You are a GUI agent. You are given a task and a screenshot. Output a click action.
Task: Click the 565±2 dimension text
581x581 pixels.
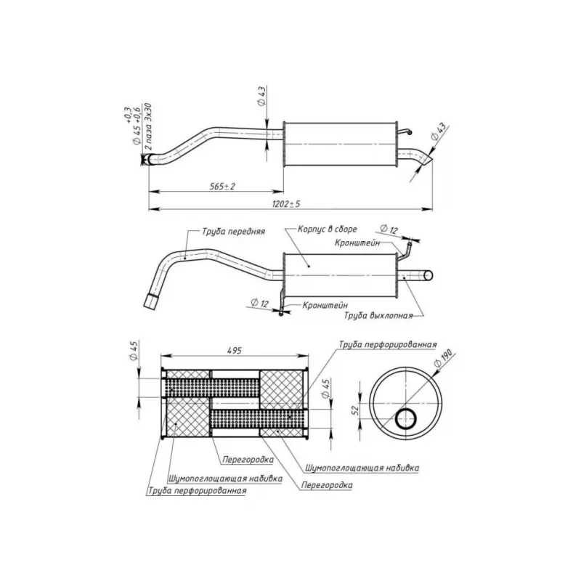point(222,186)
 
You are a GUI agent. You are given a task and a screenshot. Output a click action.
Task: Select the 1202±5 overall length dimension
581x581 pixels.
point(286,204)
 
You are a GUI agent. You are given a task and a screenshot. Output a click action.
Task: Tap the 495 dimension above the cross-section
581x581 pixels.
point(234,350)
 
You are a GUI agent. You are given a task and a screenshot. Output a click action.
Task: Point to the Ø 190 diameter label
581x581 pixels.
point(443,359)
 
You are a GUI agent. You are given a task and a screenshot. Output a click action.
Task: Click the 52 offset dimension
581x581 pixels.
point(355,410)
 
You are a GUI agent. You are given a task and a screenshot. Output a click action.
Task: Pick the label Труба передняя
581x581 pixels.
point(233,232)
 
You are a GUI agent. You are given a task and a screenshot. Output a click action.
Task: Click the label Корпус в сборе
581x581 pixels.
point(328,229)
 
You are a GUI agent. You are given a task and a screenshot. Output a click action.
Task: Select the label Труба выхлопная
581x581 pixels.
point(378,316)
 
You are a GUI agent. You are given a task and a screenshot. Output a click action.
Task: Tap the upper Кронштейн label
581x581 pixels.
point(357,243)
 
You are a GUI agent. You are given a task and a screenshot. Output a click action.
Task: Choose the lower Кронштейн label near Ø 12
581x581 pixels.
point(325,305)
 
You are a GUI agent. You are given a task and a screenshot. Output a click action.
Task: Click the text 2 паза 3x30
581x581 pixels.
point(148,126)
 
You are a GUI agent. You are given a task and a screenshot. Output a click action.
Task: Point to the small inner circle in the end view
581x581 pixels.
point(406,419)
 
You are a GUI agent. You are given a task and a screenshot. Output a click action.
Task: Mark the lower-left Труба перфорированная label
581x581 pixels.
point(197,491)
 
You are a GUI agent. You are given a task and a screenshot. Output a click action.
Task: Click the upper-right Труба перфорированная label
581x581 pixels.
point(388,344)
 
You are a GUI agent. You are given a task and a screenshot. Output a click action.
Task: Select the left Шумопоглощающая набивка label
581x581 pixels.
point(225,479)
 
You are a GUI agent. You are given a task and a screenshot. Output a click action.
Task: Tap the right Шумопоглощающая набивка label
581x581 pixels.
point(362,468)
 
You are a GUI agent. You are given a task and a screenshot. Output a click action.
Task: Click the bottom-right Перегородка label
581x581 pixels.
point(327,485)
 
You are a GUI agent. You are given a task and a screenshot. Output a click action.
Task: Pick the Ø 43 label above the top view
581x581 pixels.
point(261,97)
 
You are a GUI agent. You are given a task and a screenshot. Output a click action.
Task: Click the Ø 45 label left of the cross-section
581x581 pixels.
point(134,351)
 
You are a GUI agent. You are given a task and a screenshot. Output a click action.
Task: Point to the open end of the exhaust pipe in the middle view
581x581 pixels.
point(428,275)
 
